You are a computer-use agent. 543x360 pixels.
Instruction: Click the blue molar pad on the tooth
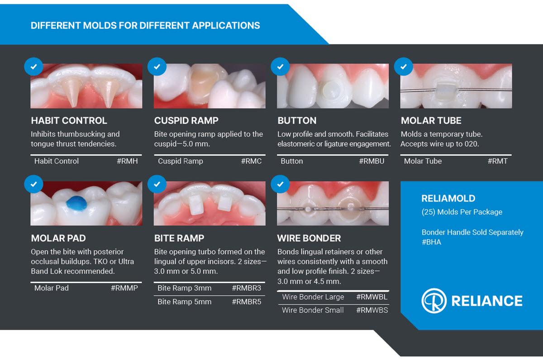(76, 203)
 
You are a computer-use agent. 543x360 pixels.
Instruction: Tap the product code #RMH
(127, 161)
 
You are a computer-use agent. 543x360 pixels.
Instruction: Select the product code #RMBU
(372, 161)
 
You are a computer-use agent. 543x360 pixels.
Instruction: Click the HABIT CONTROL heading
(69, 120)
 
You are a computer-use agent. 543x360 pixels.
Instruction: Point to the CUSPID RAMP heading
(186, 120)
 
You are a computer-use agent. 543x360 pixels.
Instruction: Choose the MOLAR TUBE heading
(431, 120)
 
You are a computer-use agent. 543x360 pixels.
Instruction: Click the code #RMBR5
(247, 302)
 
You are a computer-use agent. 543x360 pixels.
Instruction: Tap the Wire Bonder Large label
(313, 297)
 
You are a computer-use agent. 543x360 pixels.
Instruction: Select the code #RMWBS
(372, 310)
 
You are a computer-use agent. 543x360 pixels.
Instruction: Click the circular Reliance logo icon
(434, 301)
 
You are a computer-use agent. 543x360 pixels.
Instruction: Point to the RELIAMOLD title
(448, 198)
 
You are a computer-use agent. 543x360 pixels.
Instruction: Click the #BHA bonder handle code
(431, 242)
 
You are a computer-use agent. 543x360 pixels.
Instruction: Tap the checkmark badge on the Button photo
(280, 67)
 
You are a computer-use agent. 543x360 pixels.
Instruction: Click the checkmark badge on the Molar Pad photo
(33, 184)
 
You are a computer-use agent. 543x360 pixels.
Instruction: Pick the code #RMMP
(124, 288)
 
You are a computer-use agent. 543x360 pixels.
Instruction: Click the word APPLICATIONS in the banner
(226, 25)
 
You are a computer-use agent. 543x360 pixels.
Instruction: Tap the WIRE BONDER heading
(309, 238)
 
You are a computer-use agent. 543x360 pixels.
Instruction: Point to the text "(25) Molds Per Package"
(462, 212)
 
